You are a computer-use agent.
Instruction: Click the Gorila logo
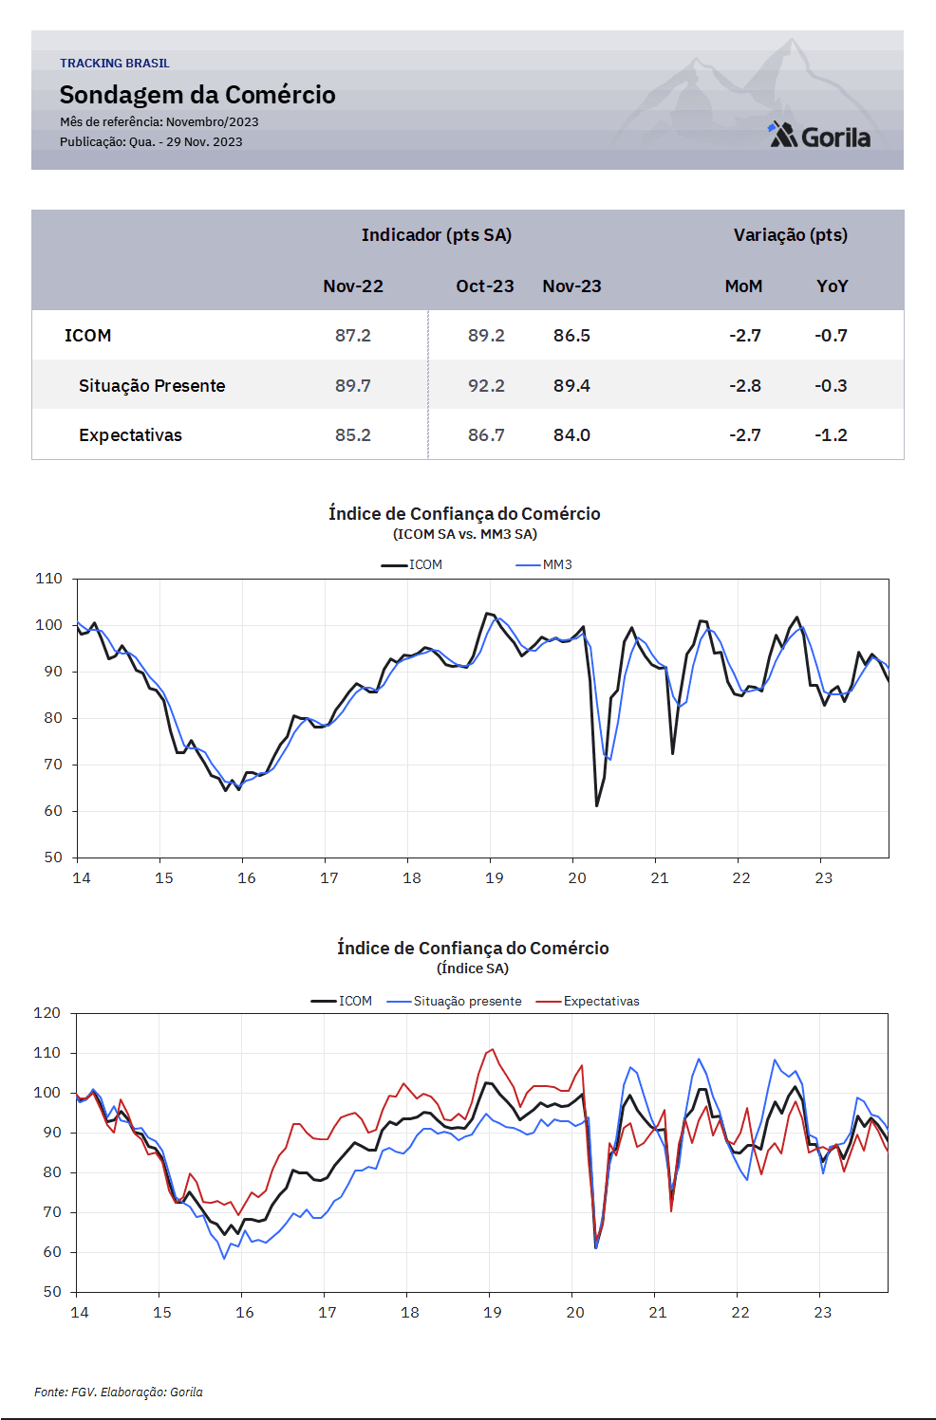point(818,135)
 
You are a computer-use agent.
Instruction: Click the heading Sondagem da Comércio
point(197,95)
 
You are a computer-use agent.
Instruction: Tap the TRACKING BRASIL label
point(115,64)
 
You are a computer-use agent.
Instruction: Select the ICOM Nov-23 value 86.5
point(571,336)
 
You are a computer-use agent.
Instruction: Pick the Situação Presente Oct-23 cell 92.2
point(486,385)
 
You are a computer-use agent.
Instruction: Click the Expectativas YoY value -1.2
point(831,434)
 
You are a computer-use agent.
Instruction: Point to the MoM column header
point(743,286)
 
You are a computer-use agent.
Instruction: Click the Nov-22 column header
point(353,286)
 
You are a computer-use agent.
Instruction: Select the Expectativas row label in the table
point(130,435)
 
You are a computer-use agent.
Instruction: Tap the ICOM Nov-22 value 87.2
point(353,336)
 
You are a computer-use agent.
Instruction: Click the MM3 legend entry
point(544,564)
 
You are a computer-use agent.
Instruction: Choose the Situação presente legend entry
point(454,1001)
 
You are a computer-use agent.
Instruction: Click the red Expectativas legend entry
point(588,1001)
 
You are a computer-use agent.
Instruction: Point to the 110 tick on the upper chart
point(48,578)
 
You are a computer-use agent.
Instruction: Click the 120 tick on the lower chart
point(47,1012)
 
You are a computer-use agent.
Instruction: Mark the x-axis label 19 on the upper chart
point(495,878)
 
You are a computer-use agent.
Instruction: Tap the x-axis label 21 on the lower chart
point(658,1312)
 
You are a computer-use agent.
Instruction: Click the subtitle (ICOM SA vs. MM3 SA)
point(465,534)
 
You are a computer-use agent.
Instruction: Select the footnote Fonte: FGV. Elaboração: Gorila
point(119,1392)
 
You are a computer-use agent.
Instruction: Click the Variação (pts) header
point(791,235)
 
